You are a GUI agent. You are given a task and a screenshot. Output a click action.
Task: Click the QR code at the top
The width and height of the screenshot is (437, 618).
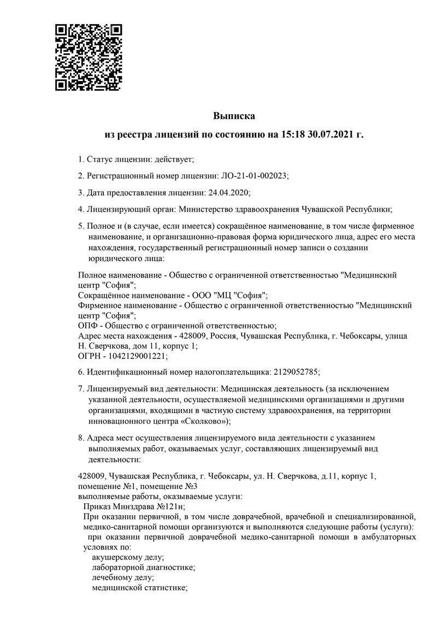tap(88, 57)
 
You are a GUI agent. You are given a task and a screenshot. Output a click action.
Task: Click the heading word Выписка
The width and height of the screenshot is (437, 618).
tap(234, 116)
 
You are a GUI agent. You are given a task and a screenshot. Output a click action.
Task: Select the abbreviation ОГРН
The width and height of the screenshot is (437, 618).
tap(90, 356)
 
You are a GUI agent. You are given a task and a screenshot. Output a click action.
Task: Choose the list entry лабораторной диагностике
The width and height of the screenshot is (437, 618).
tap(143, 568)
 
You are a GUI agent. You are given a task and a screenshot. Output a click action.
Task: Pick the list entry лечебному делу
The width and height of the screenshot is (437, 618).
tap(123, 578)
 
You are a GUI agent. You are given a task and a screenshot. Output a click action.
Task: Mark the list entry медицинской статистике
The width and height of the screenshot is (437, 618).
tap(139, 587)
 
